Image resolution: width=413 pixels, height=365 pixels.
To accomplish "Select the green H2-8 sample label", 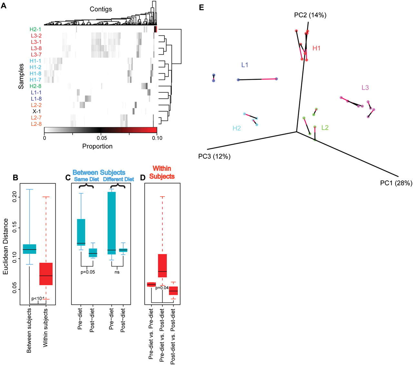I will [35, 86].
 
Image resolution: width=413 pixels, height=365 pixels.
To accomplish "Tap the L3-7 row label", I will [36, 55].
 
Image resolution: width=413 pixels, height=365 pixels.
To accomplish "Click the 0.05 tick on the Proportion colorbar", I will [102, 138].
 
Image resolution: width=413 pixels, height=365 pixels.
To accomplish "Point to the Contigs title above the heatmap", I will [101, 9].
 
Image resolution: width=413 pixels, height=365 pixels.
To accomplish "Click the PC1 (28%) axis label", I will [396, 183].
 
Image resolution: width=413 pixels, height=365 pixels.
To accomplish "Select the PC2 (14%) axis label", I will [310, 15].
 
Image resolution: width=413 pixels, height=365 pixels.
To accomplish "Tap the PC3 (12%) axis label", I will [214, 157].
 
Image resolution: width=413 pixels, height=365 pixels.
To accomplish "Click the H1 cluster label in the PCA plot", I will [317, 48].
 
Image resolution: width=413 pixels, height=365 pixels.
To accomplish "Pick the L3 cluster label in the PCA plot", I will [365, 87].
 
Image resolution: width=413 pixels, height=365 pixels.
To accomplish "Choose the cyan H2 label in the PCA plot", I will [237, 128].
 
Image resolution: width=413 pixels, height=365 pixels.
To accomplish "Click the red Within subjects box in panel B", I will [46, 274].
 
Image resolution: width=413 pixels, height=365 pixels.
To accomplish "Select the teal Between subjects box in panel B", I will [29, 249].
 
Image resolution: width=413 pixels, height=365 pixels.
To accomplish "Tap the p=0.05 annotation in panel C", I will [88, 272].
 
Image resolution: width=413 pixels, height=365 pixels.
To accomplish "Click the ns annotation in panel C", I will [117, 272].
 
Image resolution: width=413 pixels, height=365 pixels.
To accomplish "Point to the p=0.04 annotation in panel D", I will [162, 288].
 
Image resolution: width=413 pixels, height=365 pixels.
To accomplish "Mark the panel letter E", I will [201, 7].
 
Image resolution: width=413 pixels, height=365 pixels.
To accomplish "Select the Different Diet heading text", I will [118, 179].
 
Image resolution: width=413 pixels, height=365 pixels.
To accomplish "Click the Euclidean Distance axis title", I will [6, 246].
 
